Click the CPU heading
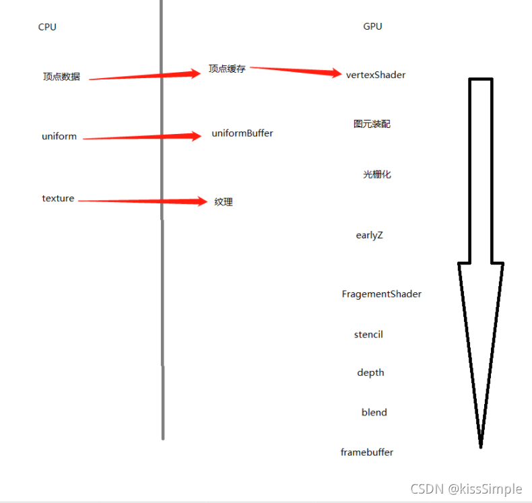(47, 27)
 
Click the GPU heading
(372, 26)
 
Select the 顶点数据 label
(61, 77)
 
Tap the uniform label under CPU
(59, 136)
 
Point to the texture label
(58, 198)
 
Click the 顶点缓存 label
(227, 69)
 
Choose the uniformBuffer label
(242, 133)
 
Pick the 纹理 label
(224, 202)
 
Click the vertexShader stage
(376, 75)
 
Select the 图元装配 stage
(372, 124)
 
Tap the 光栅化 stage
(377, 174)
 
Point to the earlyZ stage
(369, 235)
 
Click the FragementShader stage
(382, 294)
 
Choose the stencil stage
(368, 334)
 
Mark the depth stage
(370, 372)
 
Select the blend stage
(374, 412)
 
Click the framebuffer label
(367, 452)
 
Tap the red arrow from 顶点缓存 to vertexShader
(296, 71)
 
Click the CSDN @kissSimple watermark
(465, 489)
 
